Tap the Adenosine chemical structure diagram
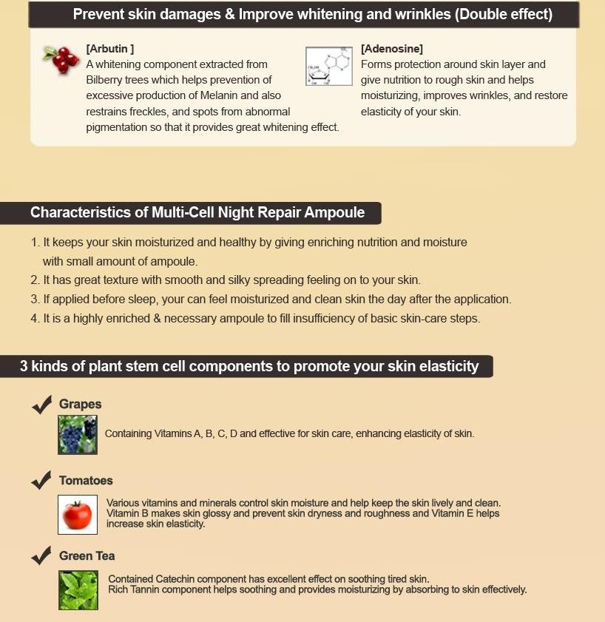coord(328,67)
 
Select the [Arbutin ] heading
coord(109,49)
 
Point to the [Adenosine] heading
coord(392,49)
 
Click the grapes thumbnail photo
coord(78,434)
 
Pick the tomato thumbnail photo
coord(78,514)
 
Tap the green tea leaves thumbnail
coord(78,589)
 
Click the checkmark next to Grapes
coord(41,405)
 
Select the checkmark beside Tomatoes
coord(41,480)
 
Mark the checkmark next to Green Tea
coord(41,555)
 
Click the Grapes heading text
coord(80,405)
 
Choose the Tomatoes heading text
coord(86,481)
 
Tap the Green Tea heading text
coord(87,556)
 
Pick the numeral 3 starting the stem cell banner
coord(24,366)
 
